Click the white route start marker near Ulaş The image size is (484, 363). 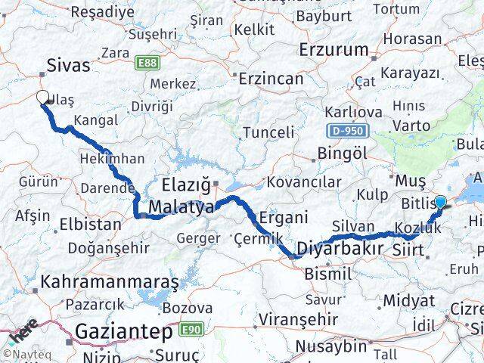(43, 97)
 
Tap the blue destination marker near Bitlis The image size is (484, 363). (440, 202)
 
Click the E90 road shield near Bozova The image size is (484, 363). (190, 329)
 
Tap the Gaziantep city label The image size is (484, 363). (124, 331)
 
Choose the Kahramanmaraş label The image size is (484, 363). (110, 283)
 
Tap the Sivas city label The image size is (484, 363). (68, 66)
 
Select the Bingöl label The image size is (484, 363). (343, 154)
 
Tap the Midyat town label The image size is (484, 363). (408, 300)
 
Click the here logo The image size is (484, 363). (23, 331)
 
